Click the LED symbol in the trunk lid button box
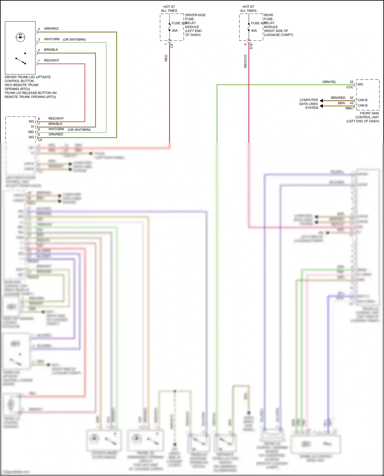(20, 37)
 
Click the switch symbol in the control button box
(21, 61)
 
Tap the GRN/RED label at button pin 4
(51, 29)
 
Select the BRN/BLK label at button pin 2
(51, 50)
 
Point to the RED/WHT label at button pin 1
(51, 61)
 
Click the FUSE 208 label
(179, 23)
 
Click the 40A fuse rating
(254, 31)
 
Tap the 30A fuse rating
(175, 31)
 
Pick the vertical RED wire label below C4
(166, 58)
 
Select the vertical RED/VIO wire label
(245, 61)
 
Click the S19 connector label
(251, 46)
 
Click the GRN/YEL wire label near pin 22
(329, 82)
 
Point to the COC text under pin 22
(350, 87)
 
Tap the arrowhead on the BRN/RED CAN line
(321, 101)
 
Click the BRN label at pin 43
(341, 103)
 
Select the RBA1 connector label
(349, 108)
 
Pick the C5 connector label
(40, 140)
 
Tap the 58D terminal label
(31, 132)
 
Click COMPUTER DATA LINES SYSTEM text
(309, 104)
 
